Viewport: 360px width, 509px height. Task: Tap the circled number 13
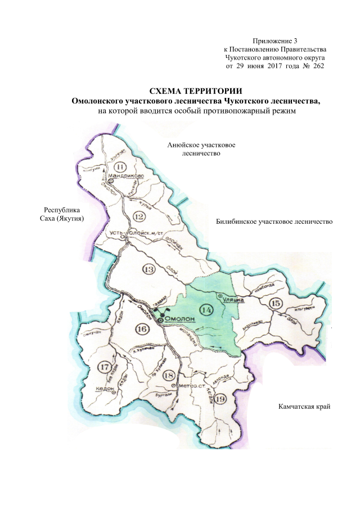[148, 269]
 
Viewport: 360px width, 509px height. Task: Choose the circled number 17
[103, 367]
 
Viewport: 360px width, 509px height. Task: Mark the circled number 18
[168, 375]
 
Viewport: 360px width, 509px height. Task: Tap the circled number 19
[220, 399]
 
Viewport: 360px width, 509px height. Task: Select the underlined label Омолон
[179, 320]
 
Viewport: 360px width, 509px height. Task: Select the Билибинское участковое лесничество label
[274, 222]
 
